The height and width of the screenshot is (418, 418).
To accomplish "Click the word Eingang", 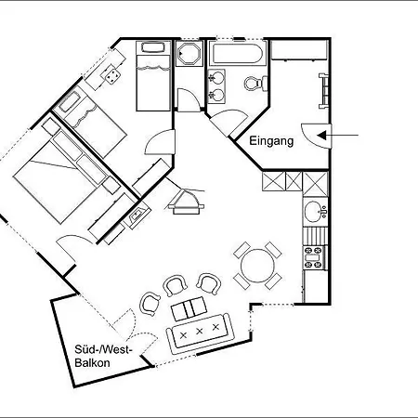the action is point(271,141).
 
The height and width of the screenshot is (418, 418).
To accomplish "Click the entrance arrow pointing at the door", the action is point(337,136).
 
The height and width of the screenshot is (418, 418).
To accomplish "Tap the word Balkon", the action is point(92,362).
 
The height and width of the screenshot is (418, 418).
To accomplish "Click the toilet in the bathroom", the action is point(255,83).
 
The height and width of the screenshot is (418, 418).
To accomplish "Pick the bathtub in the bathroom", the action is point(237,54).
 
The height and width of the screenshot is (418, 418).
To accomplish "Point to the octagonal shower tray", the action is point(189,54).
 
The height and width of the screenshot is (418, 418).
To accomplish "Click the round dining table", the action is point(257,266).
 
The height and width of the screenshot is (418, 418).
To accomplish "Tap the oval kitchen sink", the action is point(313,212).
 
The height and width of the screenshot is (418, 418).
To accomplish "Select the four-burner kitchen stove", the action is point(314,257).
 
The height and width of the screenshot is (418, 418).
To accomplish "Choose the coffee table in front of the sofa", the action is point(189,308).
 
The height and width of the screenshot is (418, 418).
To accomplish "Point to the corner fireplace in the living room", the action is point(185,202).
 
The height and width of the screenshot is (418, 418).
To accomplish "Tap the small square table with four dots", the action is point(112,75).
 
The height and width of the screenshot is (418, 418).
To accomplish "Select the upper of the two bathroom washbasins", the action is point(216,77).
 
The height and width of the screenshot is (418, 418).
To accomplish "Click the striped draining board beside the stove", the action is point(315,236).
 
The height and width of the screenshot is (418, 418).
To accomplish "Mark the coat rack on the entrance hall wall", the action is point(324,91).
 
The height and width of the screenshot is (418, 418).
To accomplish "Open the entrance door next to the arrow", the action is point(317,136).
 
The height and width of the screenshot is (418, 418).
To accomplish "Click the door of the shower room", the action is point(189,99).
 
